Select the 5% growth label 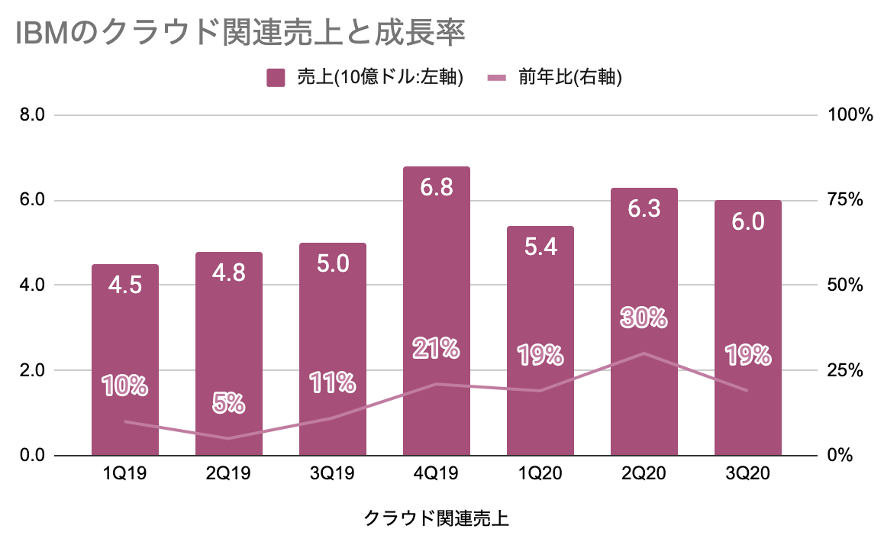229,402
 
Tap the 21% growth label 437,349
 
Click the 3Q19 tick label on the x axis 333,474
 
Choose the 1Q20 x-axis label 540,474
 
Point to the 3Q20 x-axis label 748,474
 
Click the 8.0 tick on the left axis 32,115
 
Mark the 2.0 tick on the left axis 32,370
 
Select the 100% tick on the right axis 849,115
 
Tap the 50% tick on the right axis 845,285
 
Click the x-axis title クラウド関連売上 437,518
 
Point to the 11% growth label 333,382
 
